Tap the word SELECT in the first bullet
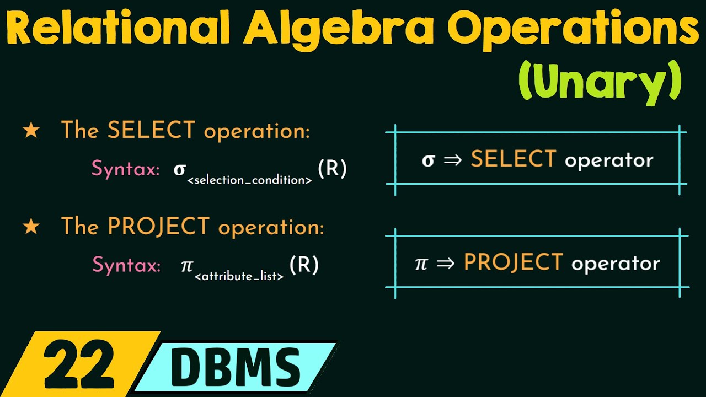pyautogui.click(x=151, y=131)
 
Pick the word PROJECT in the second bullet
pyautogui.click(x=158, y=227)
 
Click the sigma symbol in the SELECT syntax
pyautogui.click(x=179, y=169)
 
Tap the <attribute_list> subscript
pyautogui.click(x=239, y=276)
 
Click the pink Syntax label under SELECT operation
pyautogui.click(x=126, y=169)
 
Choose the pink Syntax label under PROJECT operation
pyautogui.click(x=126, y=265)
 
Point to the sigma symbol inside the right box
pyautogui.click(x=428, y=160)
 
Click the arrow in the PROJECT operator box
pyautogui.click(x=445, y=263)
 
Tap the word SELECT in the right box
pyautogui.click(x=514, y=160)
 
